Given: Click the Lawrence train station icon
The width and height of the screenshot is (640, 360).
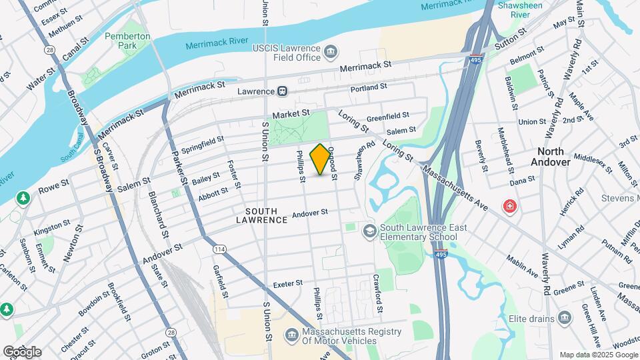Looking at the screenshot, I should pyautogui.click(x=283, y=91).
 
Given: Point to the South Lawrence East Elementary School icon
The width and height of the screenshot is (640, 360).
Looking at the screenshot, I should pyautogui.click(x=369, y=231).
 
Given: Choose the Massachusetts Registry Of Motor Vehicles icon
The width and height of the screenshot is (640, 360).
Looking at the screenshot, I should pyautogui.click(x=291, y=336).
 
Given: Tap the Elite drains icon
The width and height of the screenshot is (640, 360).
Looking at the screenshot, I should pyautogui.click(x=565, y=317).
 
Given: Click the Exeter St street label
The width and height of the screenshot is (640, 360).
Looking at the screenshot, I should pyautogui.click(x=288, y=285).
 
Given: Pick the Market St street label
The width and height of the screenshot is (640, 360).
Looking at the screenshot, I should pyautogui.click(x=291, y=114).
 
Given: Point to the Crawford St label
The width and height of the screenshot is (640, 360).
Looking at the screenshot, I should pyautogui.click(x=377, y=293).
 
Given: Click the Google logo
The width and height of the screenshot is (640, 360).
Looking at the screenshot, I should pyautogui.click(x=22, y=351).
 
